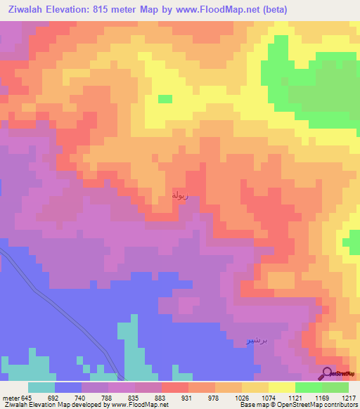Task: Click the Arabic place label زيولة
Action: [x=181, y=195]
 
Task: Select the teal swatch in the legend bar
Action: [x=41, y=387]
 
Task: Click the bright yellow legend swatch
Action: [x=282, y=387]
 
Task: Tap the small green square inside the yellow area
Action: [x=165, y=99]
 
